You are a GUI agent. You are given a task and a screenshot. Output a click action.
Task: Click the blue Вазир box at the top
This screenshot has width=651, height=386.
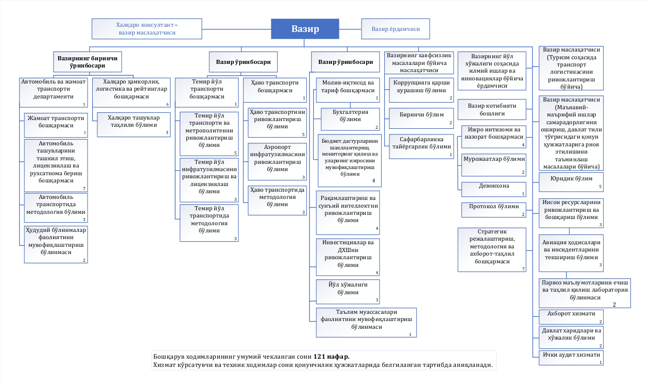click(305, 29)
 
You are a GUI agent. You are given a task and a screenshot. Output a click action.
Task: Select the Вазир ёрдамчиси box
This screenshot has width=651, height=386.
click(396, 29)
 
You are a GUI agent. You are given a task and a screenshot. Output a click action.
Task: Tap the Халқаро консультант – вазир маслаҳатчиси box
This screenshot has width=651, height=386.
click(147, 29)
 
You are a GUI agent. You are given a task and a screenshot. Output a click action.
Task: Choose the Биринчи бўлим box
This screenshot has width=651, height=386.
click(421, 118)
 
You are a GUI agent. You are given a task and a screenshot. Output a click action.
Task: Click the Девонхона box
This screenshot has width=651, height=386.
click(493, 189)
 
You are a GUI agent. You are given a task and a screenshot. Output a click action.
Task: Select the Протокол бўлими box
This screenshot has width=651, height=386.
click(493, 210)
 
